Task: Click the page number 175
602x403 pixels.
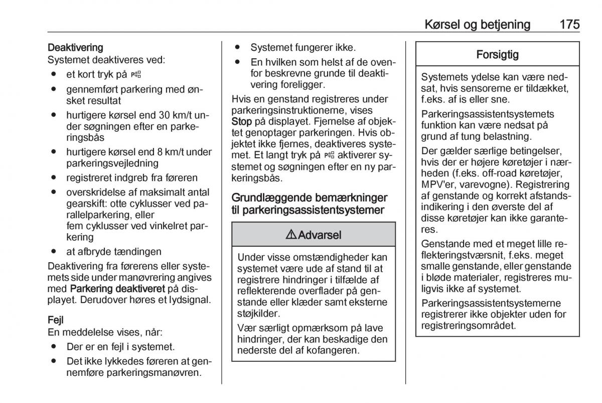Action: click(566, 24)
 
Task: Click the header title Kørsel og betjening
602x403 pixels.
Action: click(477, 24)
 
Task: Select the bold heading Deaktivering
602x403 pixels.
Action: click(75, 48)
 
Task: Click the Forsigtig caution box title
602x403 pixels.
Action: click(498, 55)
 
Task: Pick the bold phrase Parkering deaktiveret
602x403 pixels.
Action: click(117, 289)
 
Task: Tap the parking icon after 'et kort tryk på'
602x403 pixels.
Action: click(136, 74)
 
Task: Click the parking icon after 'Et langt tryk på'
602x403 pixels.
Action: click(329, 156)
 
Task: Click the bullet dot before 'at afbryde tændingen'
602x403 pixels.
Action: click(53, 251)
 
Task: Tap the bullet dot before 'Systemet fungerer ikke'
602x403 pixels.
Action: click(238, 48)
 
